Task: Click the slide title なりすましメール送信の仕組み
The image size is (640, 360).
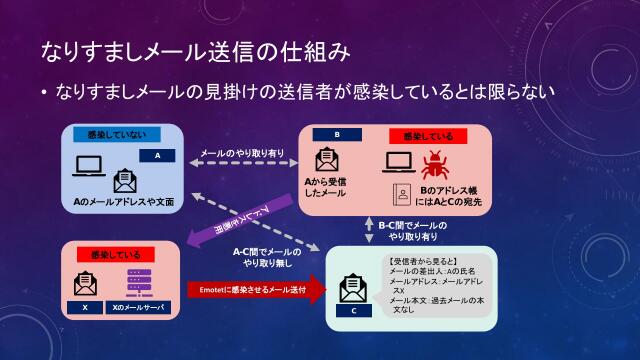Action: pos(194,49)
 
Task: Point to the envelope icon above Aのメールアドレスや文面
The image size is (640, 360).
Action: pos(125,181)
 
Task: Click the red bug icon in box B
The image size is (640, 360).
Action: pos(434,164)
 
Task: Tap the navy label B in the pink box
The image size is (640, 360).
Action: pos(337,135)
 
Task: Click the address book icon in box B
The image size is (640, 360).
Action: pos(401,192)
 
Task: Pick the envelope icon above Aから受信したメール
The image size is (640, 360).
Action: pos(326,160)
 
